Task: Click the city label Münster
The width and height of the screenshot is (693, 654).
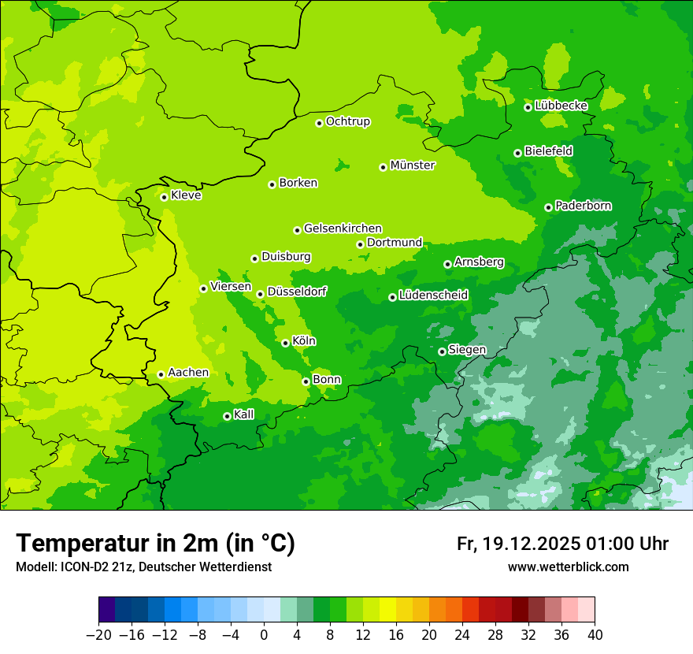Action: coord(413,165)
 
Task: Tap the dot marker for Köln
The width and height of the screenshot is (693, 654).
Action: coord(285,343)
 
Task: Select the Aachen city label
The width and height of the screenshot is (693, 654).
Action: coord(188,373)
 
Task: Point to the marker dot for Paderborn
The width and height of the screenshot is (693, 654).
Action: coord(549,207)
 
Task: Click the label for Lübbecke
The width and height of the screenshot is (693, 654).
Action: coord(561,106)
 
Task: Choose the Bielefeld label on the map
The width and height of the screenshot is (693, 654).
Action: coord(548,150)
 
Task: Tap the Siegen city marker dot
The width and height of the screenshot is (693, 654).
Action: coord(443,351)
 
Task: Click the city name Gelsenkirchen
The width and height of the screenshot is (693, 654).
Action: coord(343,229)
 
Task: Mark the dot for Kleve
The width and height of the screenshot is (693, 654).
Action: coord(165,197)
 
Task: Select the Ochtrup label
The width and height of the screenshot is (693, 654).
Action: coord(347,121)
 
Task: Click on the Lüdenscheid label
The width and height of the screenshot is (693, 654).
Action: coord(433,295)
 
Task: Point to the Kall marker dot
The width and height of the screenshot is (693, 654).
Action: coord(228,416)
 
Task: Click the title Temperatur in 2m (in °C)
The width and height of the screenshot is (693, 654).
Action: coord(155,544)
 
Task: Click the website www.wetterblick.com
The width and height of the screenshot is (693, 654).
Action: coord(568,567)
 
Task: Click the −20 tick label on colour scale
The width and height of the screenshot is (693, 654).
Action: coord(98,635)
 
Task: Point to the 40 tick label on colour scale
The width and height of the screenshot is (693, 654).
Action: coord(595,635)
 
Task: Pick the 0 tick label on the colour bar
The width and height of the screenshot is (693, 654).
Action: coord(264,635)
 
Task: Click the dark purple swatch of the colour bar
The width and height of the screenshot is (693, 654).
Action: coord(107,610)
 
